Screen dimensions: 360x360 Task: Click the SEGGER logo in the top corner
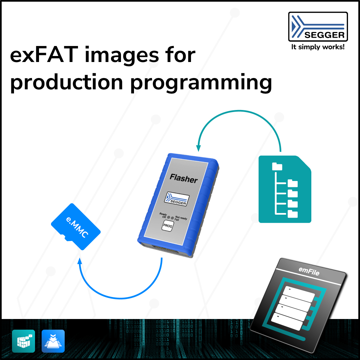click(x=318, y=27)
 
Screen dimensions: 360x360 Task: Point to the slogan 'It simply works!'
click(x=318, y=47)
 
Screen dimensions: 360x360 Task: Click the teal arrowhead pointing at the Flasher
click(x=199, y=147)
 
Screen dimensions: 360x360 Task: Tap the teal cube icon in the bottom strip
click(x=24, y=341)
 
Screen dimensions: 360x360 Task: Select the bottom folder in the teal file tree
click(x=293, y=213)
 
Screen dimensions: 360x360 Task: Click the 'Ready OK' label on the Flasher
click(x=163, y=215)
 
